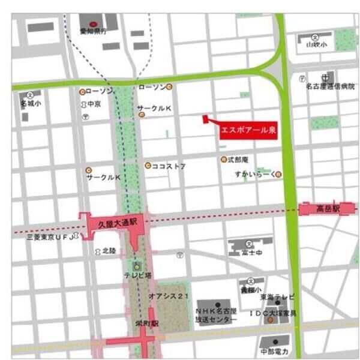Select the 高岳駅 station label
pos(328,208)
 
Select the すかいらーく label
pos(256,174)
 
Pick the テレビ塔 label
pos(137,276)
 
